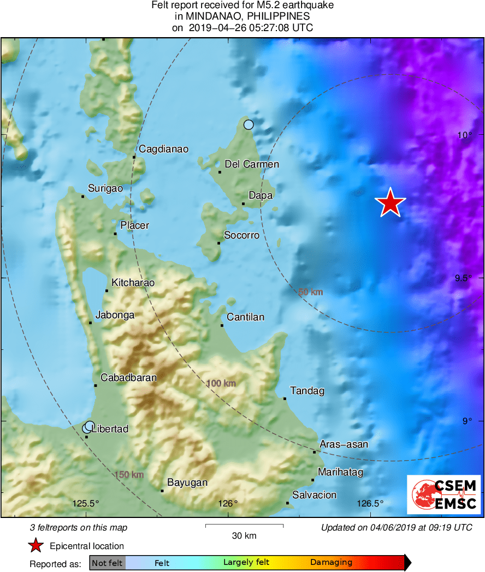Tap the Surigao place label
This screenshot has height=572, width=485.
pyautogui.click(x=105, y=188)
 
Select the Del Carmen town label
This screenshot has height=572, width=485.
pyautogui.click(x=252, y=164)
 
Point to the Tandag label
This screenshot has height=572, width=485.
pyautogui.click(x=307, y=391)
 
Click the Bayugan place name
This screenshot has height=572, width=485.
pyautogui.click(x=187, y=482)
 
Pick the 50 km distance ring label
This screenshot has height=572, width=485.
pyautogui.click(x=311, y=292)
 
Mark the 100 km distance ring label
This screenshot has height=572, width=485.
pyautogui.click(x=221, y=384)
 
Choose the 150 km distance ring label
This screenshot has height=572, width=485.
pyautogui.click(x=129, y=475)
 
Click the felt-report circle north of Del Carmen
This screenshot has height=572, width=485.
pyautogui.click(x=249, y=124)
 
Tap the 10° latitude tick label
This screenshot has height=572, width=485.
pyautogui.click(x=465, y=135)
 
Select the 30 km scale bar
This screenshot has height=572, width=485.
pyautogui.click(x=244, y=526)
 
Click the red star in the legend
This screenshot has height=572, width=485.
pyautogui.click(x=36, y=545)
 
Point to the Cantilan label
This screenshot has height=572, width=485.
pyautogui.click(x=245, y=317)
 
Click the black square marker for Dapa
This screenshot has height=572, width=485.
pyautogui.click(x=244, y=204)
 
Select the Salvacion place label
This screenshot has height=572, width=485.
pyautogui.click(x=315, y=495)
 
